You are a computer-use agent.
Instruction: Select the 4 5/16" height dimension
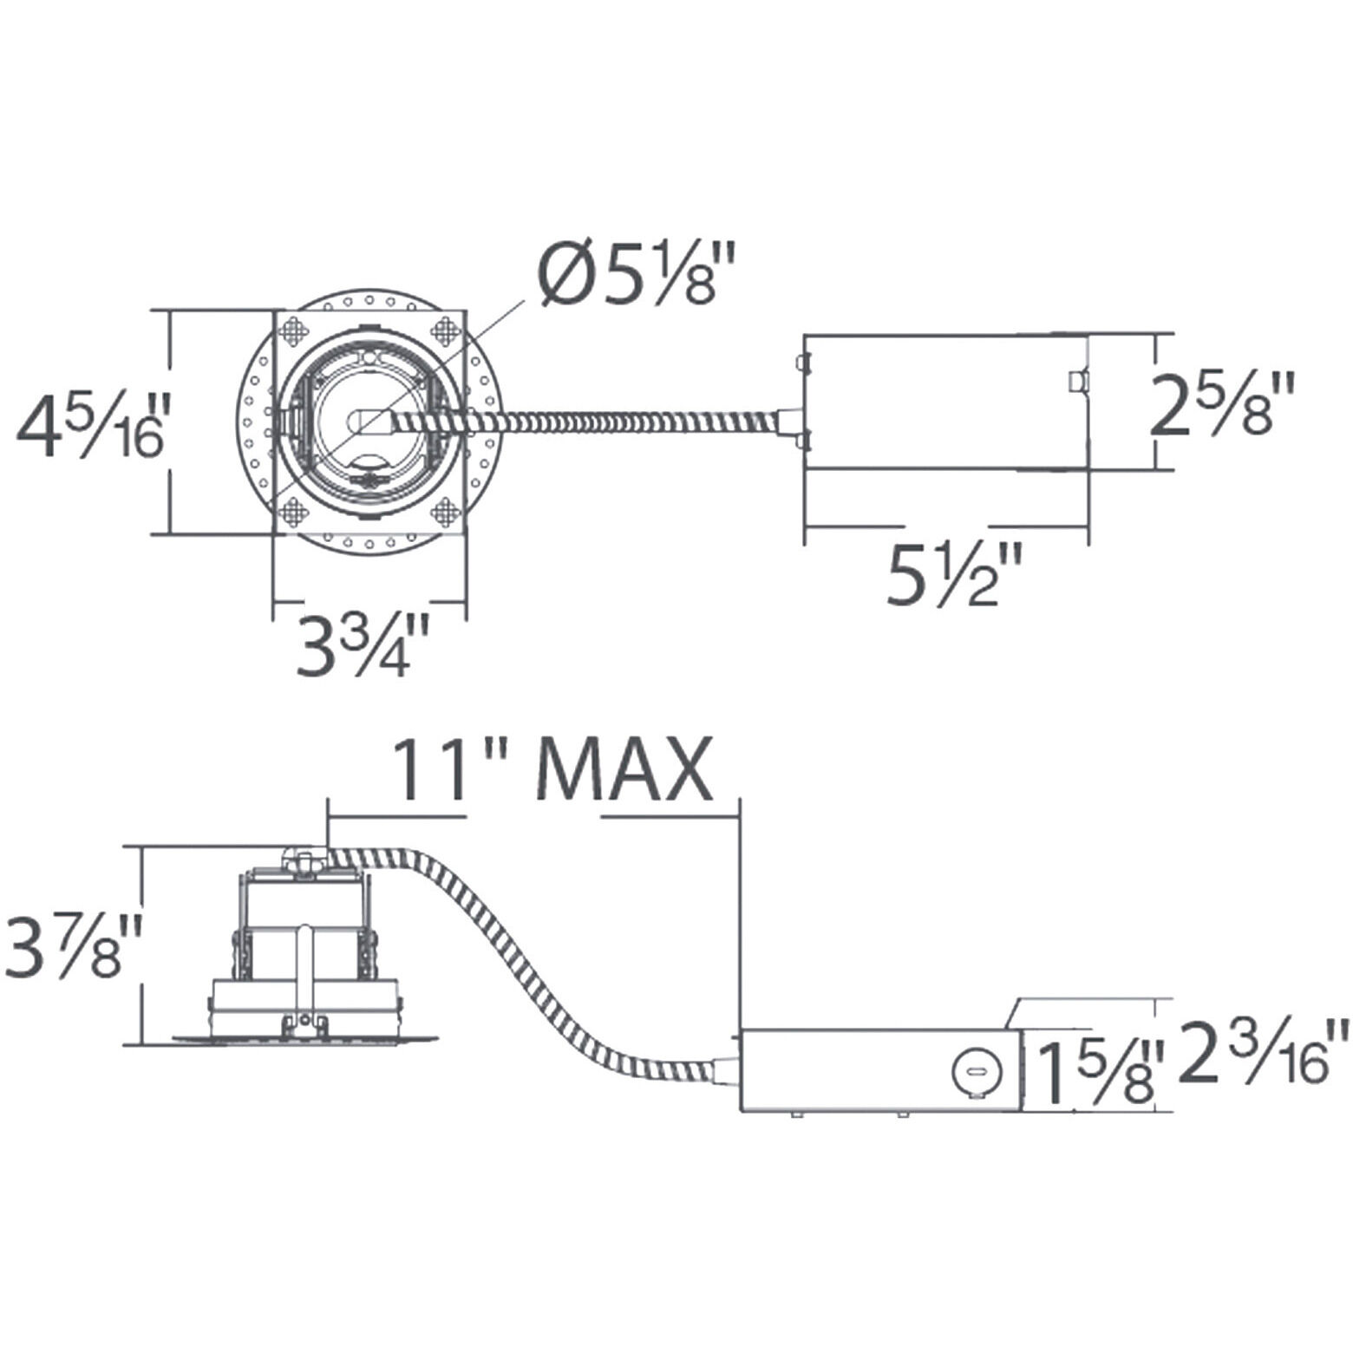pos(88,425)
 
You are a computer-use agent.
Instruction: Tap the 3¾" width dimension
pos(363,646)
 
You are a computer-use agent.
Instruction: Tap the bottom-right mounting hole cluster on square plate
pos(445,512)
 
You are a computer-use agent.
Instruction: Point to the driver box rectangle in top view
pos(945,402)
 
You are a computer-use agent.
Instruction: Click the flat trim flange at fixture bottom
pos(304,1038)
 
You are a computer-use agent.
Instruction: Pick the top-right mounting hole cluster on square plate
pos(446,330)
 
